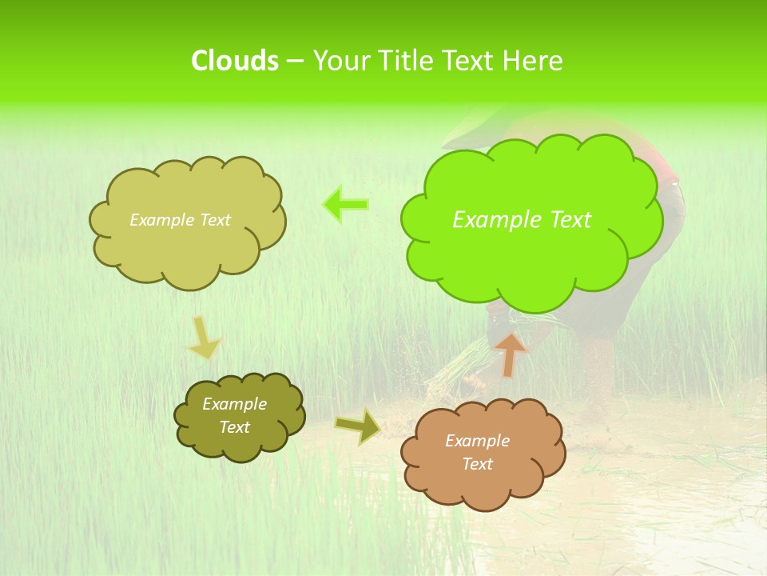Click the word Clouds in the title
234,61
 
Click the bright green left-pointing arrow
346,204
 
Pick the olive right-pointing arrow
358,426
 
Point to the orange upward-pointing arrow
510,354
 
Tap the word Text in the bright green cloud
570,220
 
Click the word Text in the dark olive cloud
234,427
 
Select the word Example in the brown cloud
477,441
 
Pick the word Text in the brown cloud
477,464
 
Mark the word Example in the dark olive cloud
234,404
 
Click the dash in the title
295,61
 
